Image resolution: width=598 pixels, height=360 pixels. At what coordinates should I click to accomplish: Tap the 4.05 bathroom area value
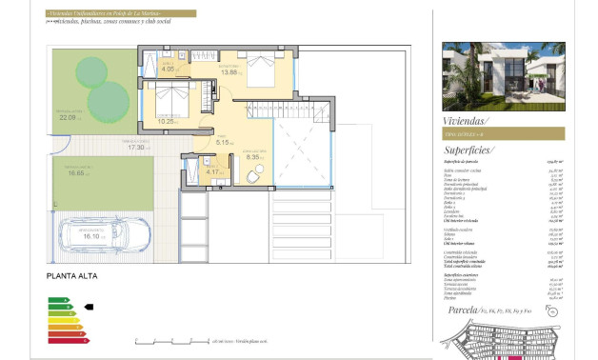tap(168, 70)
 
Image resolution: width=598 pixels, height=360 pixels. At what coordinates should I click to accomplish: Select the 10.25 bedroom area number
tap(167, 122)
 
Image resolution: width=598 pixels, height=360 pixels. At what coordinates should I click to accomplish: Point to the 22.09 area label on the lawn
tap(67, 118)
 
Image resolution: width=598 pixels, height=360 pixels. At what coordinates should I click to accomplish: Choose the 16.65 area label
tap(77, 173)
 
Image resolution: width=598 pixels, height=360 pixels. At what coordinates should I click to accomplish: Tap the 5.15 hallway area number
tap(225, 143)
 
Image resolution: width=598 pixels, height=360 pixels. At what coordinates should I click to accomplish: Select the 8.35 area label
tap(253, 156)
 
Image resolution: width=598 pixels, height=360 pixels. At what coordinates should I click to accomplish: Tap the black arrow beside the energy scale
tap(90, 307)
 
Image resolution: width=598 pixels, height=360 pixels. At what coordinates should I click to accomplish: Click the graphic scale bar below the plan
tap(171, 340)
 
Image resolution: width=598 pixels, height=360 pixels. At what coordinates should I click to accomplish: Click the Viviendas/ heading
tap(466, 121)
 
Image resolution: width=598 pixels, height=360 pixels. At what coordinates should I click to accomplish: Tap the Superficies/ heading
tap(469, 150)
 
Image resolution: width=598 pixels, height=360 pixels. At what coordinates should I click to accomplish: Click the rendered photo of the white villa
tap(504, 75)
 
